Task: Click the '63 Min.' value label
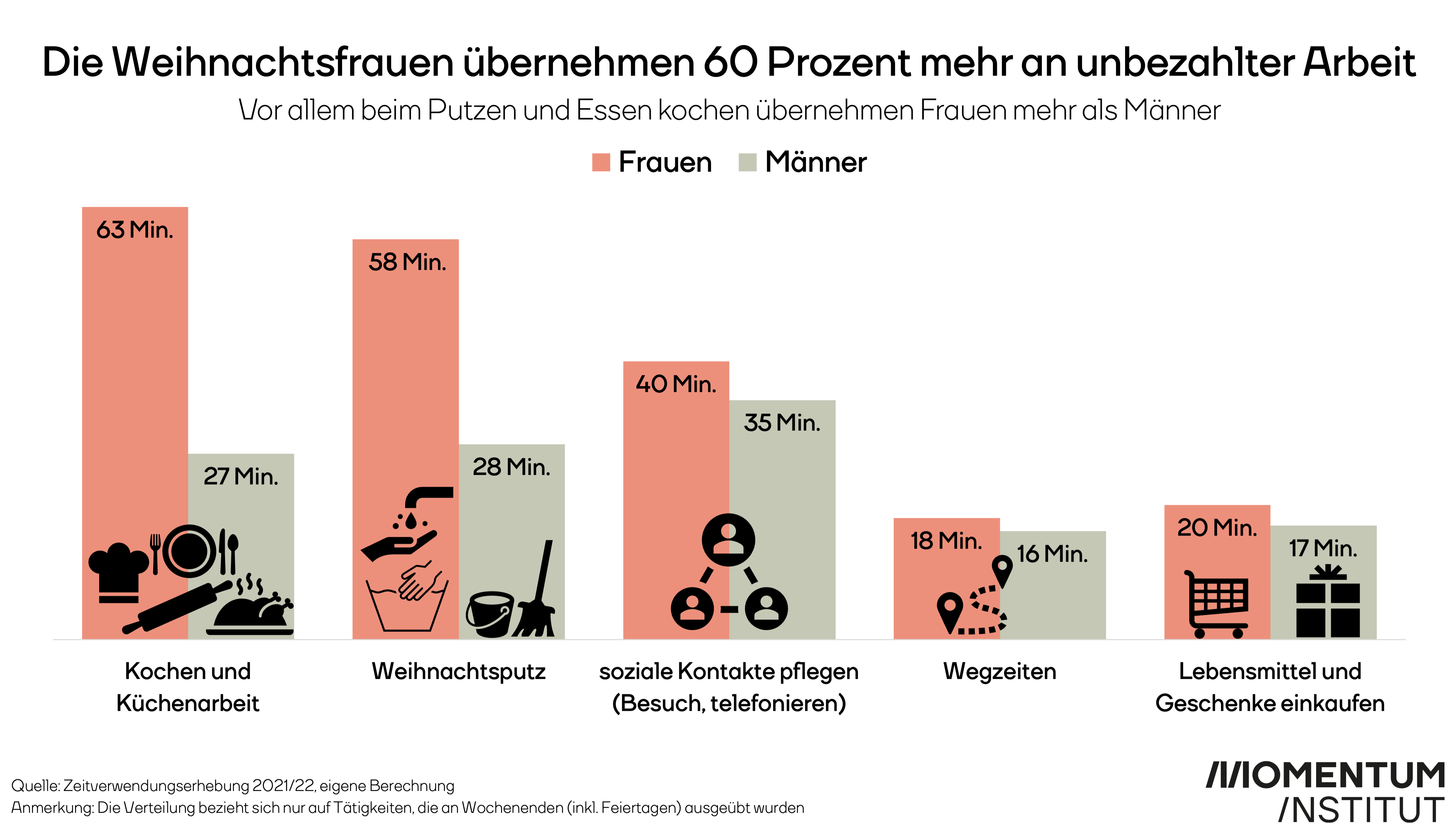[135, 230]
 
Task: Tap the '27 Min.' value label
[241, 476]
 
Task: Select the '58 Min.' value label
[407, 262]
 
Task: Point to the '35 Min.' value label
[782, 423]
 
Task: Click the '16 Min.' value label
[1052, 554]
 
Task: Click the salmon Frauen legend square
[601, 163]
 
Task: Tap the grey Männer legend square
[747, 163]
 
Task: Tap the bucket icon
[490, 614]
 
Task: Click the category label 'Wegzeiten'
[999, 672]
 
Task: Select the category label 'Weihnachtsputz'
[458, 672]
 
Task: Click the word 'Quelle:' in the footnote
[35, 786]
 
